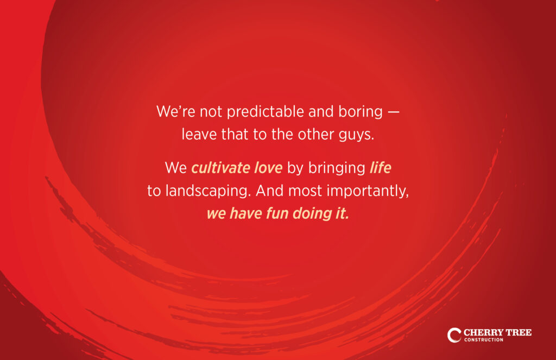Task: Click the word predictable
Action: point(265,112)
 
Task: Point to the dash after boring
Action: point(393,112)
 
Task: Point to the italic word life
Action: point(380,168)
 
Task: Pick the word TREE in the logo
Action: point(519,332)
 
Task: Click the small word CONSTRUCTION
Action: point(484,340)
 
